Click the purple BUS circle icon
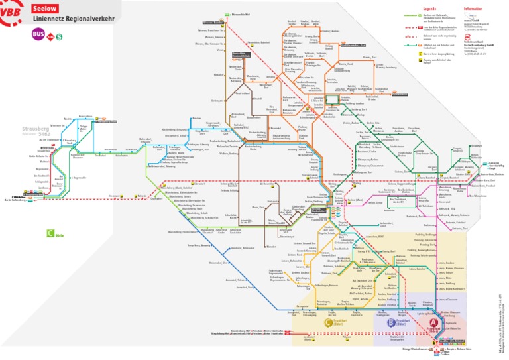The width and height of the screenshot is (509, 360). click(x=39, y=36)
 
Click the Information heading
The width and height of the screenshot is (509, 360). click(x=473, y=9)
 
